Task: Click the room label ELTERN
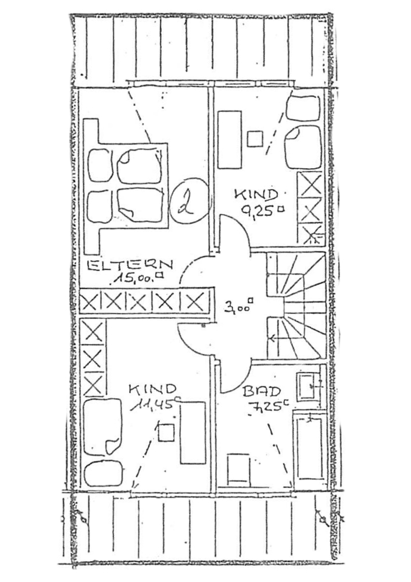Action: [x=130, y=265]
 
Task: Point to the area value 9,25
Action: [x=263, y=211]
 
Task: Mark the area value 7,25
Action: [x=267, y=406]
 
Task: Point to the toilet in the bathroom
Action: [x=238, y=469]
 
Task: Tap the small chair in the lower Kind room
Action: [x=166, y=432]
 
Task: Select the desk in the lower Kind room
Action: [x=193, y=432]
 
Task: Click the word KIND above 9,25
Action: [x=256, y=195]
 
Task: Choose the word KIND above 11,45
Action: [x=152, y=390]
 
